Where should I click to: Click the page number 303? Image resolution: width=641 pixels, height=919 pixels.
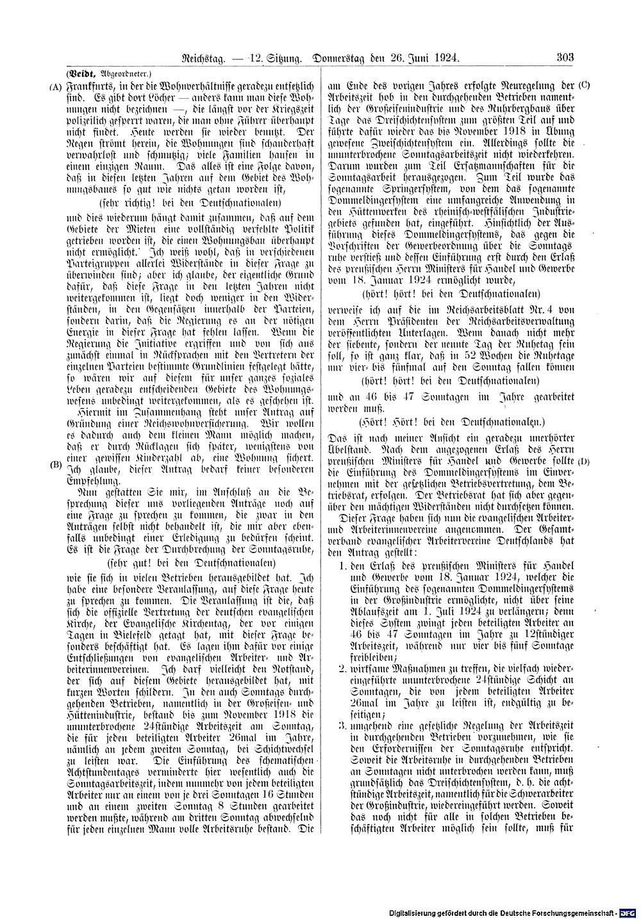[564, 58]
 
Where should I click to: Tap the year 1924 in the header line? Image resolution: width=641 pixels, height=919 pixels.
[446, 58]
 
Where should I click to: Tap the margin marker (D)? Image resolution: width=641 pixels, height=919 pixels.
[583, 461]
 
